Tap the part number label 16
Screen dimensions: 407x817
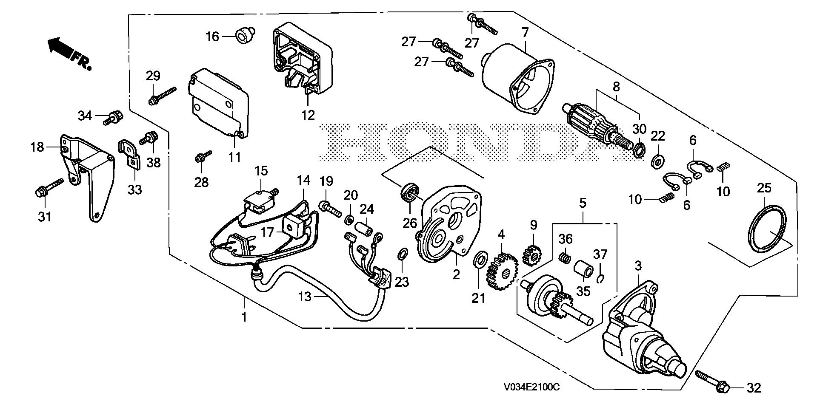pyautogui.click(x=212, y=37)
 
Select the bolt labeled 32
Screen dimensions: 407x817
pyautogui.click(x=712, y=381)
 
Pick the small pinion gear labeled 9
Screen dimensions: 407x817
pyautogui.click(x=531, y=256)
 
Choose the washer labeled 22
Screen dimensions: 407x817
pyautogui.click(x=659, y=161)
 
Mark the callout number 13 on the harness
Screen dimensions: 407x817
pyautogui.click(x=305, y=297)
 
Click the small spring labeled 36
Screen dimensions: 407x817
pyautogui.click(x=564, y=257)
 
